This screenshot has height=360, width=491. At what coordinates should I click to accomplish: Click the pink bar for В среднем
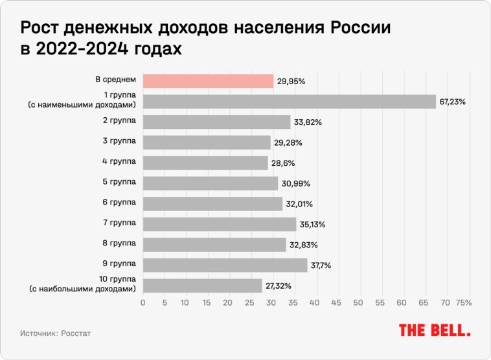[x=208, y=81]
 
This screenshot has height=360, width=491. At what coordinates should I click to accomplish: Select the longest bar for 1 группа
[x=289, y=102]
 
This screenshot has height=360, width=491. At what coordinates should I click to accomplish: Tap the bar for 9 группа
[x=225, y=265]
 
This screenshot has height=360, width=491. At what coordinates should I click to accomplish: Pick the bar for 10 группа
[x=202, y=286]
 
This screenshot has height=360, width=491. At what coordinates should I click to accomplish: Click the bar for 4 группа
[x=205, y=163]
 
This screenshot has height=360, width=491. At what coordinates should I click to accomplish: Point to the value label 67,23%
[x=453, y=102]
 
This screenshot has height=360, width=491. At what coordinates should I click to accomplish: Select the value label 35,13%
[x=312, y=225]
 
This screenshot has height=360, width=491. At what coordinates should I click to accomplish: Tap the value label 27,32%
[x=278, y=286]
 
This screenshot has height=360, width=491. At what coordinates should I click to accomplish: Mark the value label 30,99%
[x=295, y=183]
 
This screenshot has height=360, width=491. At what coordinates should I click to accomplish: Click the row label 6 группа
[x=120, y=202]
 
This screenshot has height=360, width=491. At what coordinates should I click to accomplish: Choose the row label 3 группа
[x=120, y=141]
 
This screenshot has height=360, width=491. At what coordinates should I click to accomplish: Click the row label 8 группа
[x=120, y=243]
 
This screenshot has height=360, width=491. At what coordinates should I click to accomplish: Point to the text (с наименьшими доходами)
[x=82, y=105]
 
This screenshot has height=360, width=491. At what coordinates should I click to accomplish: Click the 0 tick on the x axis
[x=143, y=302]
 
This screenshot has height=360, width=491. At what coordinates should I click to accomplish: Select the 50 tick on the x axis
[x=360, y=302]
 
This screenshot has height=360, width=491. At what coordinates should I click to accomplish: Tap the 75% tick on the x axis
[x=463, y=302]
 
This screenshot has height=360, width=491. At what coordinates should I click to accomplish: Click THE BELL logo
[x=434, y=330]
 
